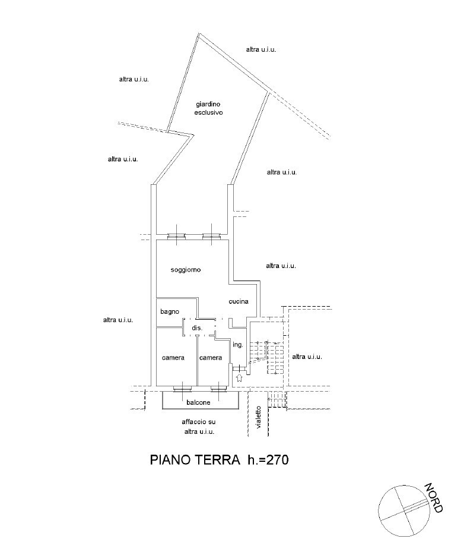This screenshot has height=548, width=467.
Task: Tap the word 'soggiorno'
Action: click(186, 270)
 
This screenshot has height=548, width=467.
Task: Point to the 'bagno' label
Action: click(170, 311)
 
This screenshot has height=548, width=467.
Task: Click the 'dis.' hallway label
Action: click(197, 327)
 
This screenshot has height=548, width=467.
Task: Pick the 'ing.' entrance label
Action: click(237, 345)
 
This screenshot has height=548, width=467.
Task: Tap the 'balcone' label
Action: click(198, 402)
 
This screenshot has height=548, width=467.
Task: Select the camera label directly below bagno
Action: click(173, 358)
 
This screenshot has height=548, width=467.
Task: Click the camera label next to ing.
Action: click(211, 358)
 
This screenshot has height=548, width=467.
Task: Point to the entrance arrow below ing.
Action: click(239, 377)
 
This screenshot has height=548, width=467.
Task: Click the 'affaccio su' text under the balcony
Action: click(198, 422)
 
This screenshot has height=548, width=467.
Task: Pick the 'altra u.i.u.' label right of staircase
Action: click(307, 357)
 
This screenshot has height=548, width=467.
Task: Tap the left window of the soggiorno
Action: click(176, 237)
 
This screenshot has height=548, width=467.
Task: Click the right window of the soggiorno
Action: click(212, 237)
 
